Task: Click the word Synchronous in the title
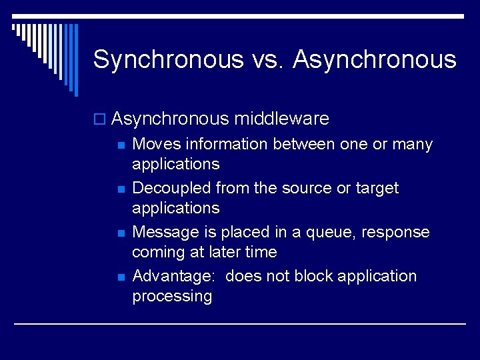(169, 60)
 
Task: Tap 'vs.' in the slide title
(269, 60)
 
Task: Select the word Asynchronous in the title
(375, 60)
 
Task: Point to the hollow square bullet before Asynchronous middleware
(101, 120)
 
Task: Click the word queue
(324, 233)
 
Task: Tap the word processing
(172, 297)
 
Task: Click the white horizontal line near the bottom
(240, 324)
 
